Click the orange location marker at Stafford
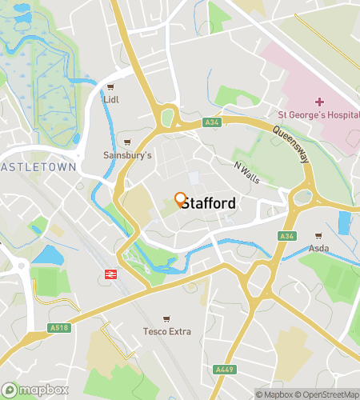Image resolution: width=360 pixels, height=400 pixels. point(180,199)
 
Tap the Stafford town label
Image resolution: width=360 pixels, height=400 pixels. point(208,204)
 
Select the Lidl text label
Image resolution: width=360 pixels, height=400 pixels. point(110,100)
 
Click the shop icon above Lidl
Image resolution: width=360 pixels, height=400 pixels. point(110,88)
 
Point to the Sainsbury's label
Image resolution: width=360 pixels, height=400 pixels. point(122,155)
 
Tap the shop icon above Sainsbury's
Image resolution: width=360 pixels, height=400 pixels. point(126,142)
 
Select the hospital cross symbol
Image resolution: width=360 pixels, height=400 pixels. point(319,102)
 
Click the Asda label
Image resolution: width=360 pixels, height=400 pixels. point(319,248)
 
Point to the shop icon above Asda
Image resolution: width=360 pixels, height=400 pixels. point(319,236)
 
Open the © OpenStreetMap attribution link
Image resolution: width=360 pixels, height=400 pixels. point(327,394)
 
